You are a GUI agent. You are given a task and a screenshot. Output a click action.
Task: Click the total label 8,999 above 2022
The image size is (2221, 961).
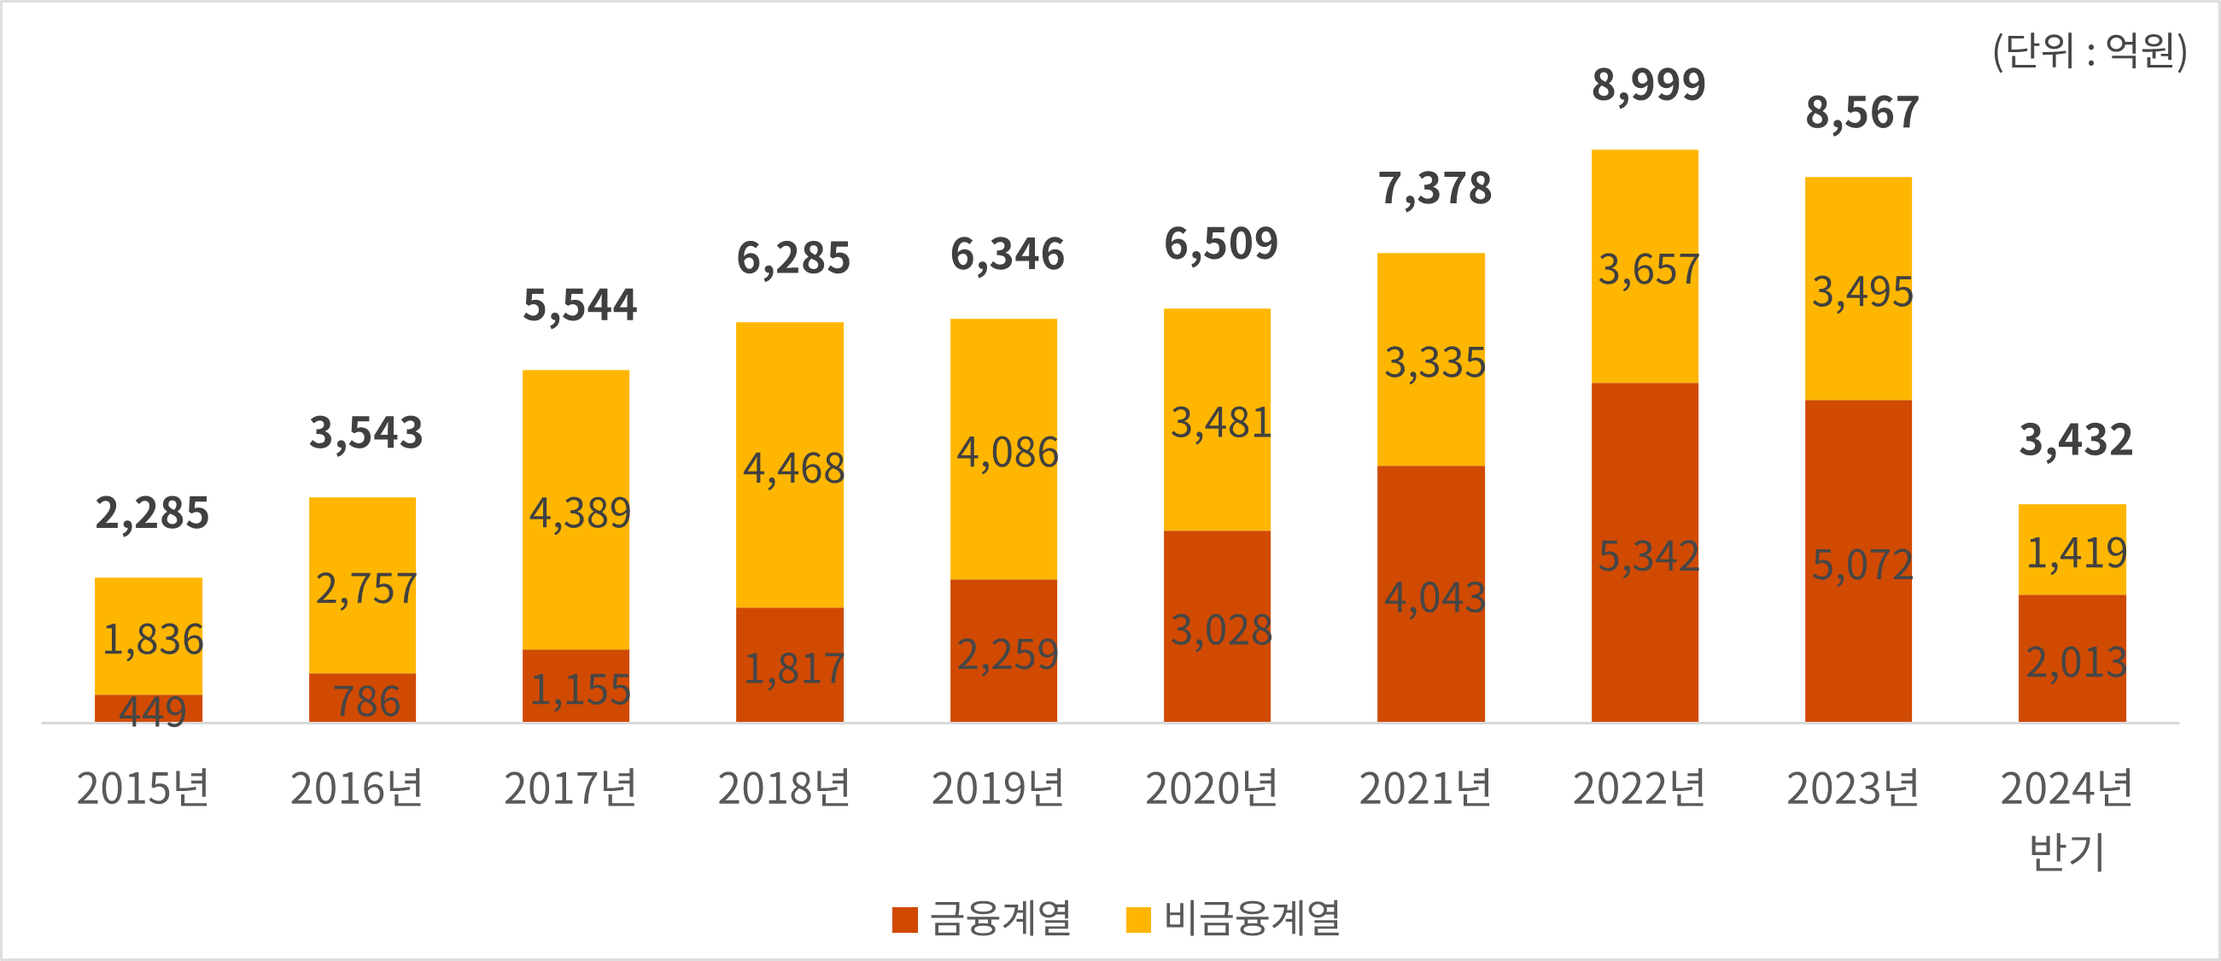pyautogui.click(x=1648, y=85)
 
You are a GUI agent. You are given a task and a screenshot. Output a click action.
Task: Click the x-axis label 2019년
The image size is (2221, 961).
pyautogui.click(x=997, y=788)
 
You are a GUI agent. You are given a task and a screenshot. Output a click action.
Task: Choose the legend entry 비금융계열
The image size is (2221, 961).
pyautogui.click(x=1233, y=918)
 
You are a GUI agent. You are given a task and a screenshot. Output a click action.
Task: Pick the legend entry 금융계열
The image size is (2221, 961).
pyautogui.click(x=982, y=918)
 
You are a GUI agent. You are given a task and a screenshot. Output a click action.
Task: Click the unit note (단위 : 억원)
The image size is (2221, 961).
pyautogui.click(x=2089, y=51)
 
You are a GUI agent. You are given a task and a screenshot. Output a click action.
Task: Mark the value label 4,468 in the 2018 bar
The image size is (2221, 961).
pyautogui.click(x=793, y=469)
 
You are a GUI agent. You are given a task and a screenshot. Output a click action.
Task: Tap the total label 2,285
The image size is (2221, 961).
pyautogui.click(x=152, y=513)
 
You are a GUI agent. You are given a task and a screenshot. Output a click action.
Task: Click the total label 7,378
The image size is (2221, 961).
pyautogui.click(x=1434, y=189)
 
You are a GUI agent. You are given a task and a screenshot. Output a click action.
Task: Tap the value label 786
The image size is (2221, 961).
pyautogui.click(x=366, y=701)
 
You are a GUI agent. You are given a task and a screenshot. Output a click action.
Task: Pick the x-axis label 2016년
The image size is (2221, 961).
pyautogui.click(x=356, y=788)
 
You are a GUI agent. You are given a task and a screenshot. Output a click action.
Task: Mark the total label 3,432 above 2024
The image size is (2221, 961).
pyautogui.click(x=2075, y=440)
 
